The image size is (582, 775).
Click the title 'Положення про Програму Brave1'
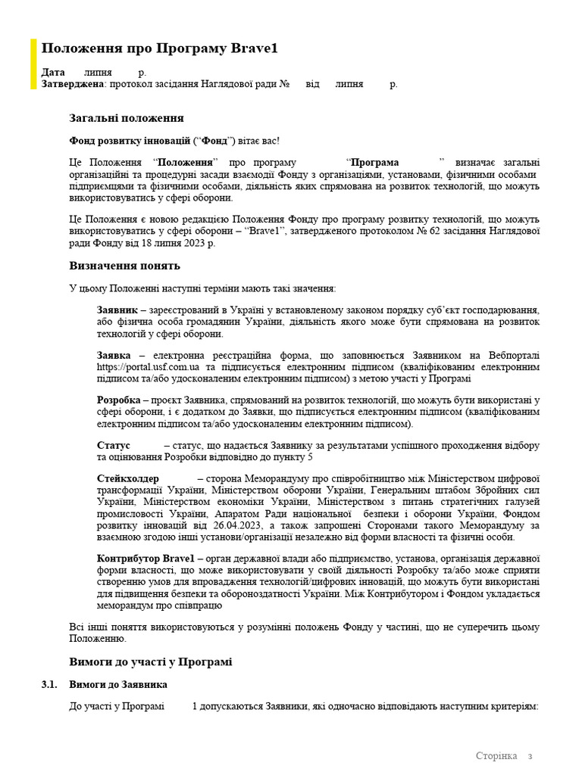point(159,49)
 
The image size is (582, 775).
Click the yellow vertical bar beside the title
point(33,64)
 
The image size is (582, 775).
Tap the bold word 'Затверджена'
point(72,84)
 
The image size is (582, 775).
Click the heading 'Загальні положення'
point(127,119)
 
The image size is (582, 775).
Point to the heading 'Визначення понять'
point(125,266)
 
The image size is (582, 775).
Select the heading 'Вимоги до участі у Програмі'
point(151,661)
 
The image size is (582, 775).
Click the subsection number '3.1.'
point(49,685)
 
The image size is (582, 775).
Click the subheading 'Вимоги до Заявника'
point(118,685)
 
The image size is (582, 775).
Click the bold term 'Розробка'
point(118,400)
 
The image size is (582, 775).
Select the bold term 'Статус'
point(114,446)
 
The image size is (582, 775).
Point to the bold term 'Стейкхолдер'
point(128,479)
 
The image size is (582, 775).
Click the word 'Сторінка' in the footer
point(496,756)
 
